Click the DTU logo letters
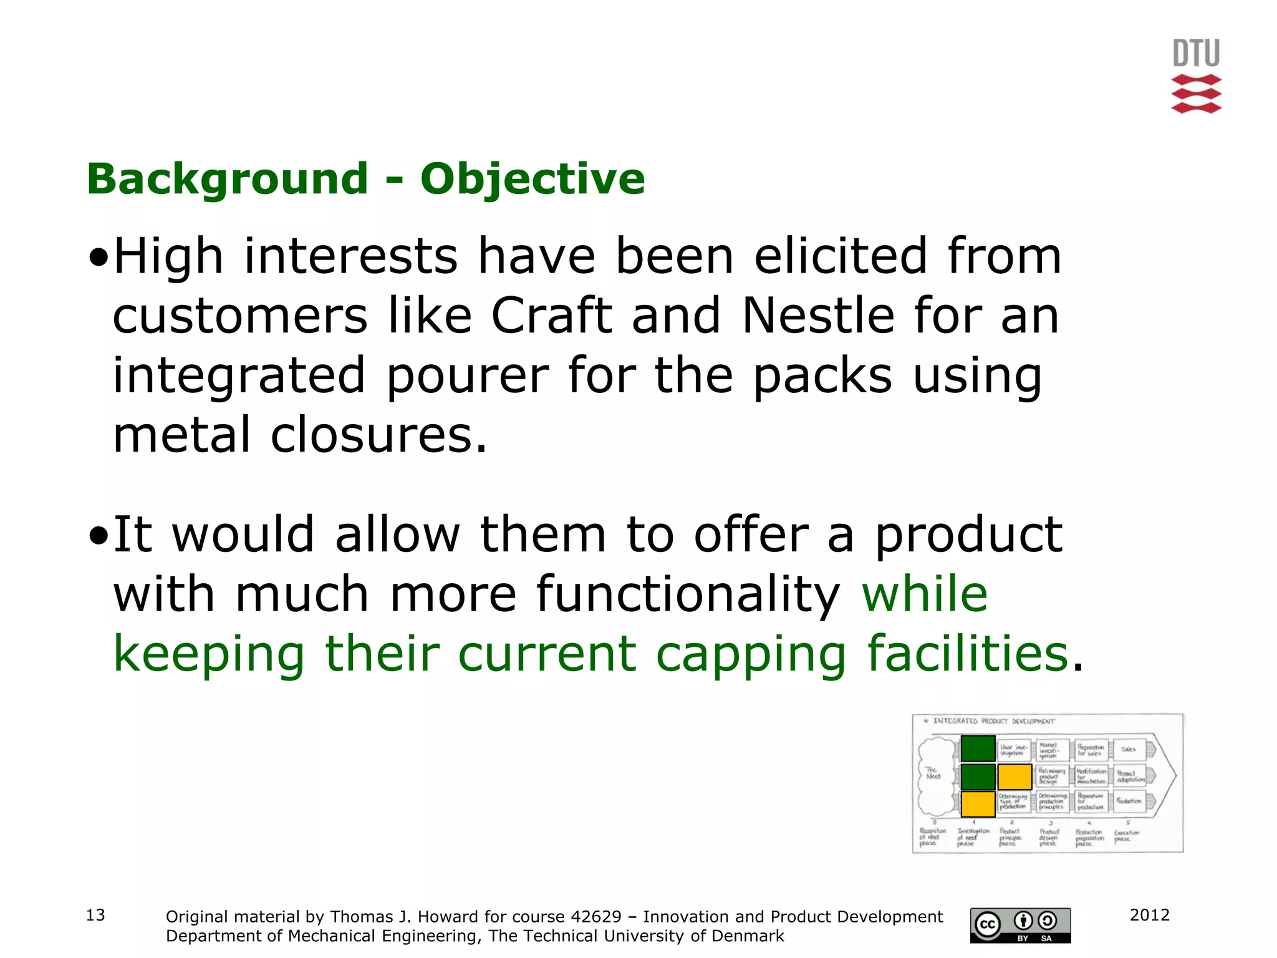tap(1196, 53)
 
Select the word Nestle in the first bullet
tap(817, 316)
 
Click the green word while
tap(925, 594)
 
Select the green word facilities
tap(968, 653)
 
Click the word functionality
tap(688, 594)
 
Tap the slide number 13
tap(95, 915)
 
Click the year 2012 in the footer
tap(1149, 915)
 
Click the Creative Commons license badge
tap(1020, 926)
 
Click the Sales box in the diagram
tap(1129, 749)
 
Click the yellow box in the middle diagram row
tap(1014, 777)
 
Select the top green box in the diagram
tap(978, 748)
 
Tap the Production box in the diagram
tap(1129, 801)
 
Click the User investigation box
tap(1013, 749)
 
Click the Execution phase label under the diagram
tap(1126, 836)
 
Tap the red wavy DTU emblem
tap(1196, 94)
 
